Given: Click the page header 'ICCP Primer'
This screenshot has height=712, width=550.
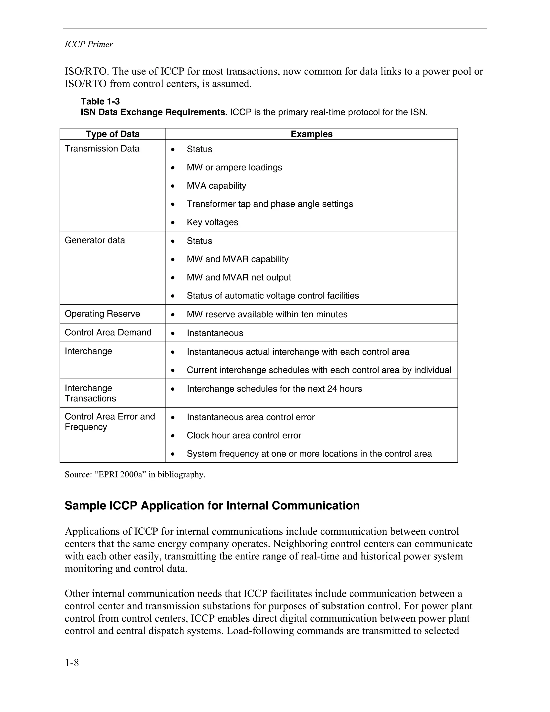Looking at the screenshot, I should coord(89,44).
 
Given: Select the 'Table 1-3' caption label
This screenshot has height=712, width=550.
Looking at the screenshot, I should coord(100,101).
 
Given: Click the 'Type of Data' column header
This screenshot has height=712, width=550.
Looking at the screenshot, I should coord(113,134).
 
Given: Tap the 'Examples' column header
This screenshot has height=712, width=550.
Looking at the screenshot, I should coord(312,134).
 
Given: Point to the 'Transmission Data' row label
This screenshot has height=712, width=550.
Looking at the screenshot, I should coord(102,149).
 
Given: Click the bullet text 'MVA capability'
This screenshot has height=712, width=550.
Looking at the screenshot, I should coord(216,186).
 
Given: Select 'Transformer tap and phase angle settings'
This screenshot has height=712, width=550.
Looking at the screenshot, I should coord(270,204).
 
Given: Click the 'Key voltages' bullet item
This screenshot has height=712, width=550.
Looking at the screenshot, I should coord(212,222).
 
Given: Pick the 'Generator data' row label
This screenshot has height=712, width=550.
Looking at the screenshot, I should coord(95,240).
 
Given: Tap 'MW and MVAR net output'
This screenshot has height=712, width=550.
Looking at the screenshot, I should coord(239,278).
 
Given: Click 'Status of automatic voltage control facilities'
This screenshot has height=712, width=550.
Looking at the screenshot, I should coord(273,296).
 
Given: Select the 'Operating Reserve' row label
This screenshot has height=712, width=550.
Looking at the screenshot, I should coord(102,314).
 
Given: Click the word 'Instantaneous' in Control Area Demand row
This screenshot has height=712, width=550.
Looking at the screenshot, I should coord(215,333).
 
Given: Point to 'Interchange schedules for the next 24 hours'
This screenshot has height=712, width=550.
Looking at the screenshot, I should coord(274,389).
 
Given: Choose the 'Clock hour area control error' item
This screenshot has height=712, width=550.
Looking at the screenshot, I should coord(244,436).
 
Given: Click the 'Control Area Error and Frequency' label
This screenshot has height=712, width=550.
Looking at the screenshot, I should coord(110,422).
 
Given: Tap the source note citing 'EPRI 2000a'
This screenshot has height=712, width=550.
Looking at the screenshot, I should coord(135,475).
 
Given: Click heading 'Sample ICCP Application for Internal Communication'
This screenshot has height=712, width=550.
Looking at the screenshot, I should coord(212,506).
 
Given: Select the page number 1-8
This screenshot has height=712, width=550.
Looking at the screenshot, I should coord(72,663).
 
